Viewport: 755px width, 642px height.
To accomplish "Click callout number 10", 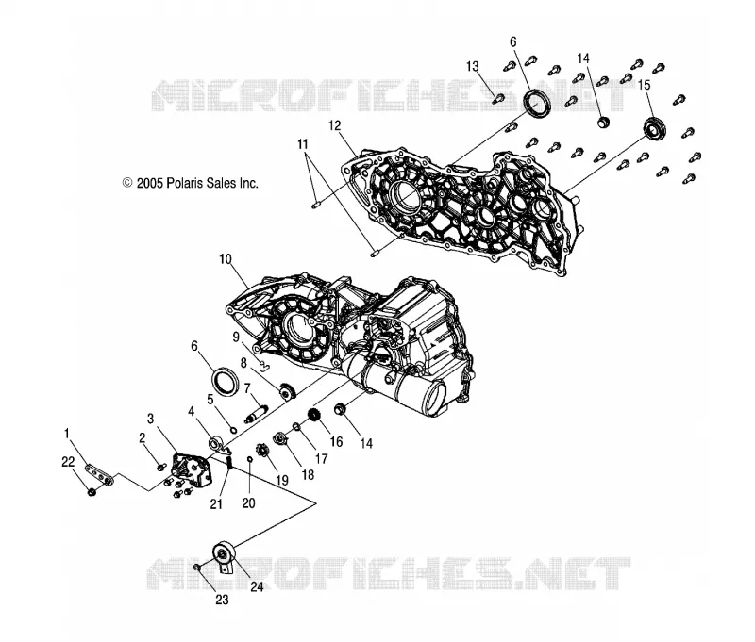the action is pyautogui.click(x=226, y=259).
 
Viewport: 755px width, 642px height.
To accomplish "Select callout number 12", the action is pyautogui.click(x=335, y=125).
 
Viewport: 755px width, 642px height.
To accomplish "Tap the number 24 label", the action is pyautogui.click(x=257, y=586).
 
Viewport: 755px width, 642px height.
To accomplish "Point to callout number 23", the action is pyautogui.click(x=222, y=600).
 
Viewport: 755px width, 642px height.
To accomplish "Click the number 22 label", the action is pyautogui.click(x=68, y=462).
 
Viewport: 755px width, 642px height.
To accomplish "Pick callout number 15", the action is pyautogui.click(x=645, y=85).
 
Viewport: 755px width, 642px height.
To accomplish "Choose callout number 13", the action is pyautogui.click(x=473, y=66).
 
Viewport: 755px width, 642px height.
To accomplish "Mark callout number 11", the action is pyautogui.click(x=302, y=144).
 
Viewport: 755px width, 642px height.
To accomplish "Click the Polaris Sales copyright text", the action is pyautogui.click(x=191, y=183).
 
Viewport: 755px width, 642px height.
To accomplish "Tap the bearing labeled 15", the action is pyautogui.click(x=655, y=129).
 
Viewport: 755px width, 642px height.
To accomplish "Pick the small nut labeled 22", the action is pyautogui.click(x=92, y=492).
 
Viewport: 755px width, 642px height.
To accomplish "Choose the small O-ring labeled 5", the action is pyautogui.click(x=233, y=430).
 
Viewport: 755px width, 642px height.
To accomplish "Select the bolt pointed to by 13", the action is pyautogui.click(x=499, y=99).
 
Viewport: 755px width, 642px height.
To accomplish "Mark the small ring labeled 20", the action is pyautogui.click(x=250, y=460).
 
